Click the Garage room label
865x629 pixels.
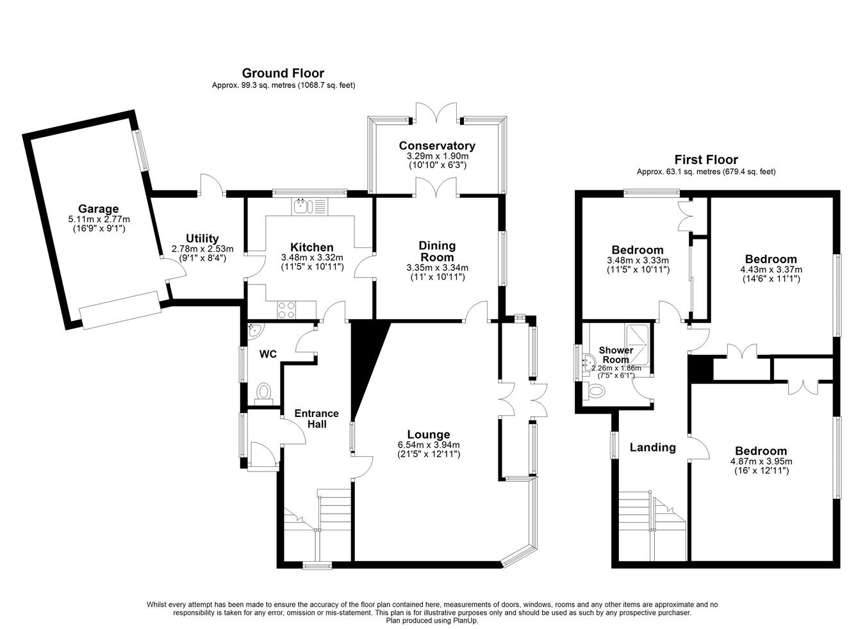(x=98, y=208)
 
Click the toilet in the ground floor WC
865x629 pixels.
(x=263, y=392)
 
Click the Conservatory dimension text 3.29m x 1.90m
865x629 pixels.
(x=437, y=156)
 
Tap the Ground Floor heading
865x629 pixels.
(x=283, y=74)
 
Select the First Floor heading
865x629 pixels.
(x=705, y=159)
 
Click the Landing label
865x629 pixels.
(x=652, y=447)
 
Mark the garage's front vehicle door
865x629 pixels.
(x=120, y=310)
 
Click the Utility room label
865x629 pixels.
(x=202, y=238)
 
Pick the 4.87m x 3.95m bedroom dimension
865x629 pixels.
(x=761, y=461)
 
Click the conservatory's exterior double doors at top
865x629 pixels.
(x=436, y=113)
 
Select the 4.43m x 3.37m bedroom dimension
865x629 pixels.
(x=770, y=269)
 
